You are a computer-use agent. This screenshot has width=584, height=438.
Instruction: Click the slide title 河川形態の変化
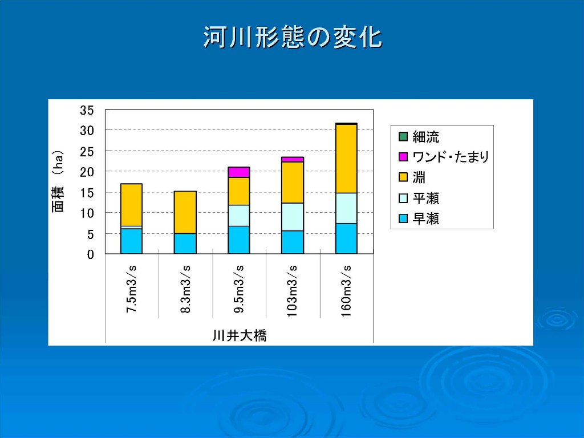coord(293,38)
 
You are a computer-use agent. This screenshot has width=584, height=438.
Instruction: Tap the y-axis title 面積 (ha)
coord(58,181)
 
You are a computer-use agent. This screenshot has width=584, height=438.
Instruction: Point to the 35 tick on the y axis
coord(87,110)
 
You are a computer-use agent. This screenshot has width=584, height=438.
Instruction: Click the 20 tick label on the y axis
coord(87,172)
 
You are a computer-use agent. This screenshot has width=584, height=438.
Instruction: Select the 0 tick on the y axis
coord(91,255)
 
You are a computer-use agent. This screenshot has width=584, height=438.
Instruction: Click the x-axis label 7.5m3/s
coord(132,289)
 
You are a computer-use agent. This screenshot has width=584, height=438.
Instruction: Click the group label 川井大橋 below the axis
coord(240,335)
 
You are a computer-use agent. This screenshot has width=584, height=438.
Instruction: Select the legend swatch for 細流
coord(403,137)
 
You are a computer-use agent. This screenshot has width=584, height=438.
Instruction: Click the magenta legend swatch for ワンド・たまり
coord(403,157)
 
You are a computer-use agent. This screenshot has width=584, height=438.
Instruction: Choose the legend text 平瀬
coord(425,198)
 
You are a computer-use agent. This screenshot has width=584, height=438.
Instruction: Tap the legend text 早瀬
coord(425,218)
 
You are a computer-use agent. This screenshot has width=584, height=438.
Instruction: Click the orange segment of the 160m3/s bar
coord(346,159)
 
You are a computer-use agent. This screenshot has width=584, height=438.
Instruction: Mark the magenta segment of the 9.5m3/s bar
coord(239,172)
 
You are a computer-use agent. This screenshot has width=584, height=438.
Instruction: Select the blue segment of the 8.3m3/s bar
coord(185,244)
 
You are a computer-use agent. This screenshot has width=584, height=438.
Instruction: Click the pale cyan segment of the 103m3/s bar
coord(293,217)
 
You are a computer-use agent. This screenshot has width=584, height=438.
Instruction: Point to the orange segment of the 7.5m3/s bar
coord(132,205)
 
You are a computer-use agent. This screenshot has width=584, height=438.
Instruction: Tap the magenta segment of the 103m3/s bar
coord(293,160)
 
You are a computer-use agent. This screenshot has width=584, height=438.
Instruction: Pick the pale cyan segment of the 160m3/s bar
coord(346,208)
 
